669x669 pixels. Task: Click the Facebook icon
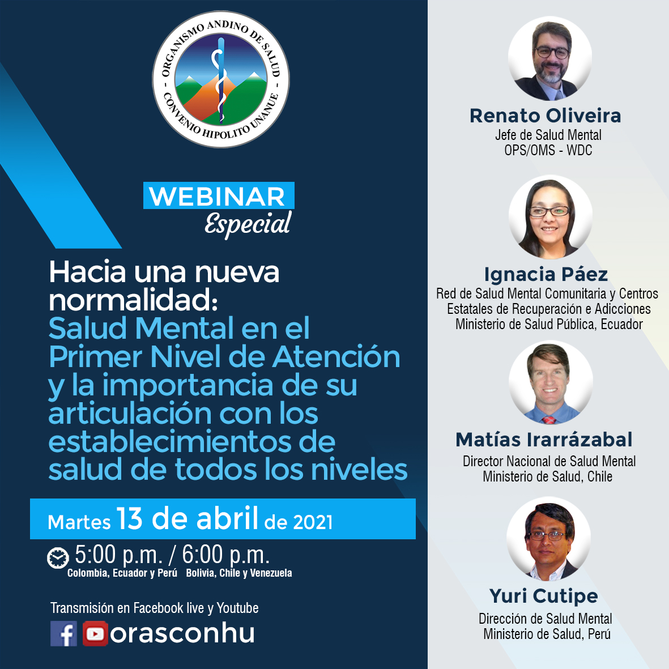pos(63,633)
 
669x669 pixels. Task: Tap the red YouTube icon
pos(95,633)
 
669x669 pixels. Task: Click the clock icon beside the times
pos(58,558)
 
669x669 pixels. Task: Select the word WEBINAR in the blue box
pos(217,196)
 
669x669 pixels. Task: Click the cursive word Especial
pos(248,224)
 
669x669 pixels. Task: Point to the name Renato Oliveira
pos(546,116)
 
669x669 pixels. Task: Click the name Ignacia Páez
pos(546,274)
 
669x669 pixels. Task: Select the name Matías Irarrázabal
pos(544,440)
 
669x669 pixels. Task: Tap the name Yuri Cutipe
pos(544,596)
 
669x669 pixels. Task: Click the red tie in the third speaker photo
pos(549,420)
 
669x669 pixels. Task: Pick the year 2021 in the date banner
pos(313,522)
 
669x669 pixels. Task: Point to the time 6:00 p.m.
pos(226,555)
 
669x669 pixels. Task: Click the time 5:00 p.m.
pos(119,555)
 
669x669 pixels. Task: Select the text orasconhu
pos(182,633)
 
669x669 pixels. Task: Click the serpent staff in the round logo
pos(220,80)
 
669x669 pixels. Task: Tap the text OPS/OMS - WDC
pos(548,150)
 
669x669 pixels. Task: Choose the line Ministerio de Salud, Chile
pos(547,476)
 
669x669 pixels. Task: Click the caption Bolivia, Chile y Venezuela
pos(239,573)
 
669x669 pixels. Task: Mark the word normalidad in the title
pos(134,300)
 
